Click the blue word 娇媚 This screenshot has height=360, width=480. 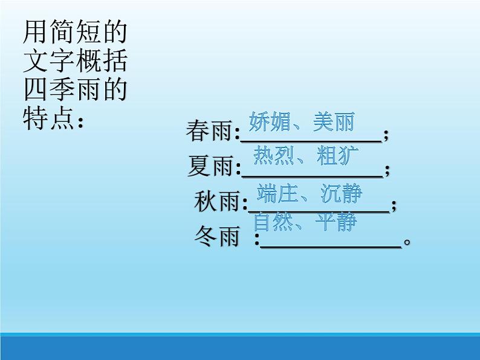[x=269, y=122]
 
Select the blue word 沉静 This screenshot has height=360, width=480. [x=342, y=193]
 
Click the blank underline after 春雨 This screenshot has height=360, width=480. [x=311, y=140]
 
